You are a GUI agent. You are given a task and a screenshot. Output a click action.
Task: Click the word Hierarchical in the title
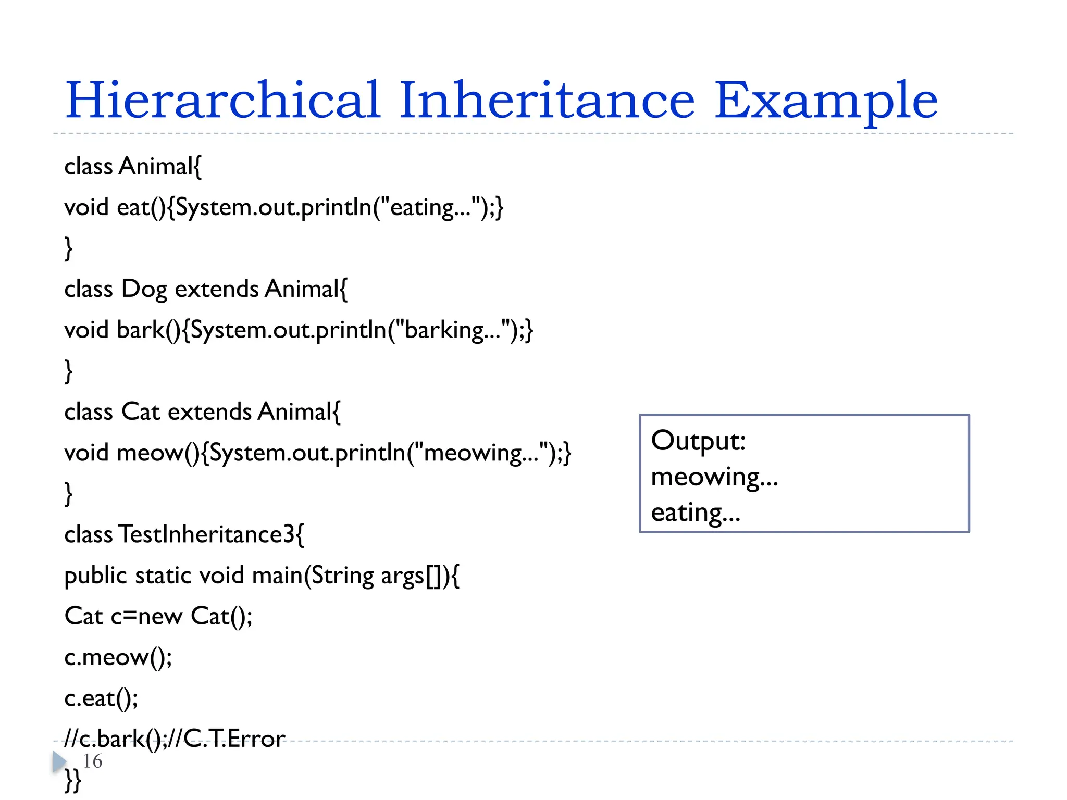[222, 100]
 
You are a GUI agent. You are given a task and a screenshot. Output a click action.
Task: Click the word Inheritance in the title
[547, 100]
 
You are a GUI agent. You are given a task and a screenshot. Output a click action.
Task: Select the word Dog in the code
[144, 290]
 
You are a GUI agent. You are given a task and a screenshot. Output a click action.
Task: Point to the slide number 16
[93, 761]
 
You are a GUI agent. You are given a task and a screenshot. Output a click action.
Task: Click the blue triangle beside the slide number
[59, 761]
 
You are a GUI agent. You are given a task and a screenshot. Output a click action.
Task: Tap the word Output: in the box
[698, 441]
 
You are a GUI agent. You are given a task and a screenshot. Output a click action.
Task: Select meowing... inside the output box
[714, 477]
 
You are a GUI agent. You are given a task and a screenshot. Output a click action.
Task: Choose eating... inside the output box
[696, 512]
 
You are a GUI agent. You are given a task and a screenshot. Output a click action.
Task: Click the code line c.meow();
[118, 657]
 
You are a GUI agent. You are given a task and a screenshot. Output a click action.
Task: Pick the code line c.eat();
[101, 698]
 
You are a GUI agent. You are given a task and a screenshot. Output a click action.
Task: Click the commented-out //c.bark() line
[175, 739]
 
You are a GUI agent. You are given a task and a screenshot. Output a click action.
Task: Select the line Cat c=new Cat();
[158, 616]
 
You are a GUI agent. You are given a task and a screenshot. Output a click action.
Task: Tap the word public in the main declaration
[95, 576]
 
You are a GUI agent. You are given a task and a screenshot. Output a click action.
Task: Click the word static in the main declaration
[164, 576]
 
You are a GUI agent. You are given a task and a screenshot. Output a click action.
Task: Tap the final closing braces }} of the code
[73, 780]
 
